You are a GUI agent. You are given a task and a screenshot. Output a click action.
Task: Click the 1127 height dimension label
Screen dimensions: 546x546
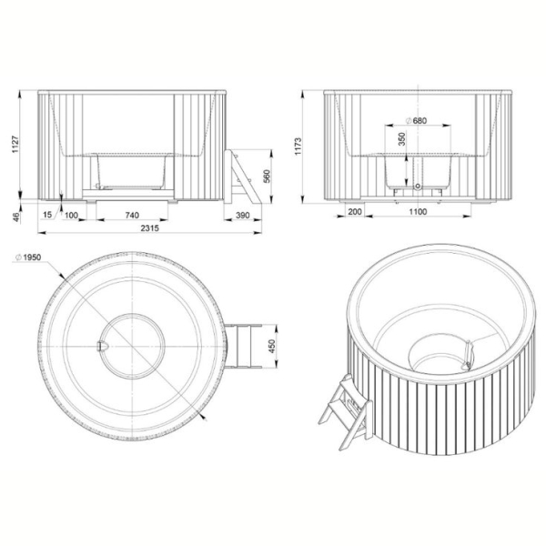(x=15, y=144)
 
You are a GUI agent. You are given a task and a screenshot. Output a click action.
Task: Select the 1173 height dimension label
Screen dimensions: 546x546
(x=298, y=147)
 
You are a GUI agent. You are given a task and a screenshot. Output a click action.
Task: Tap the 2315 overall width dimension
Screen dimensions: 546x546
(x=150, y=227)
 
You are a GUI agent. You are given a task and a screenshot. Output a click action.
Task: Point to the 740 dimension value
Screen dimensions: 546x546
(x=132, y=215)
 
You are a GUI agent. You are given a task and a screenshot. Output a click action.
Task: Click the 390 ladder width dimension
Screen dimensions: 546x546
(x=242, y=215)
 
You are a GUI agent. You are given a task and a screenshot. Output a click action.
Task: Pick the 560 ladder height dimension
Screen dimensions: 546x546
(x=267, y=177)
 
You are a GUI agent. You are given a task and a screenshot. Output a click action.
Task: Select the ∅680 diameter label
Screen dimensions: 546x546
(x=416, y=121)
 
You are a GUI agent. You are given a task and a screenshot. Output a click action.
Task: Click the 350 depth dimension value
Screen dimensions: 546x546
(x=402, y=139)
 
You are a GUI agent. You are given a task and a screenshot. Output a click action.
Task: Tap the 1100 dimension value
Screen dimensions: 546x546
(x=418, y=211)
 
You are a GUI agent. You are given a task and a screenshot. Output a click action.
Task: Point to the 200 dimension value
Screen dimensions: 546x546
(x=355, y=211)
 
